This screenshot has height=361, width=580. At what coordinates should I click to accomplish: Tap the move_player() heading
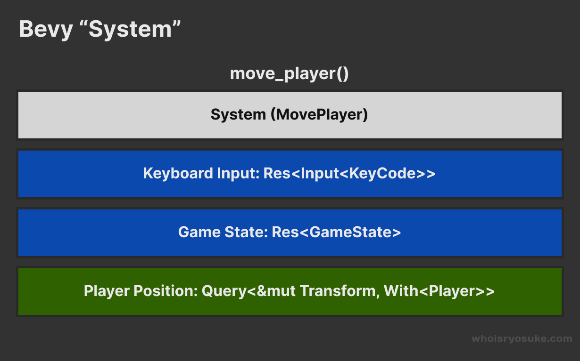pyautogui.click(x=290, y=74)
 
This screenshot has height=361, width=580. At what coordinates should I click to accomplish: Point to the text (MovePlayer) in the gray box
pyautogui.click(x=319, y=115)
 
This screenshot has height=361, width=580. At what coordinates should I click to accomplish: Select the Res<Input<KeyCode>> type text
pyautogui.click(x=349, y=174)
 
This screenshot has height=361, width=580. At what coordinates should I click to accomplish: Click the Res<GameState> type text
pyautogui.click(x=336, y=233)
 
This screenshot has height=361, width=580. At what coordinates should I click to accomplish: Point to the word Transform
pyautogui.click(x=339, y=291)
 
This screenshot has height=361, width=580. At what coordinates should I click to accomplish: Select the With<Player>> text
pyautogui.click(x=439, y=291)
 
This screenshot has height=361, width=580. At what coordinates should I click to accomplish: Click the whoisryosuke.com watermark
pyautogui.click(x=522, y=338)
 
